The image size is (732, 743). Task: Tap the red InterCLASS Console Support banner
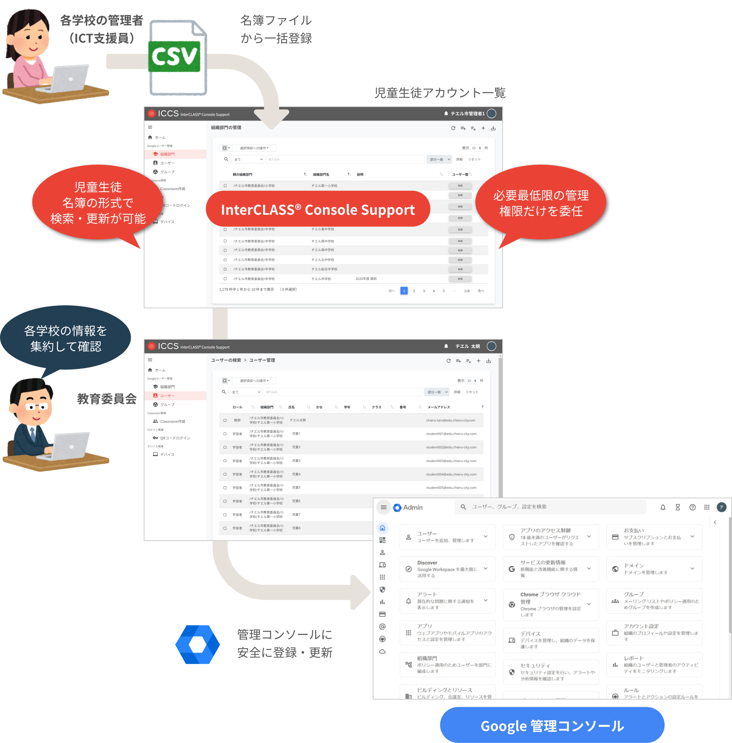click(318, 209)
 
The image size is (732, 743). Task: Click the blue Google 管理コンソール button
click(552, 725)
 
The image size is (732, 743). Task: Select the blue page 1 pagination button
click(404, 291)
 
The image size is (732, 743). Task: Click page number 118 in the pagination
click(466, 291)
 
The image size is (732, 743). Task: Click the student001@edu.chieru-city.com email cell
click(451, 434)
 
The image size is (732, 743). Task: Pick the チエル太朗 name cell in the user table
click(298, 420)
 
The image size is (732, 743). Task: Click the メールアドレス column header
click(438, 407)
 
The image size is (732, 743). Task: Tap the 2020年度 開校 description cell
click(366, 279)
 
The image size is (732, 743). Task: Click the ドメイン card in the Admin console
click(653, 569)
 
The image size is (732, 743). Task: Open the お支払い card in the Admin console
click(653, 536)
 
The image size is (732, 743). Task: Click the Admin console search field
click(550, 507)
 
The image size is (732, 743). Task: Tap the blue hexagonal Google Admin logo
click(198, 644)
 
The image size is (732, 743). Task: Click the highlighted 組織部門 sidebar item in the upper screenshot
click(167, 154)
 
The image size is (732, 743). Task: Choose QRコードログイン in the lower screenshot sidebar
click(175, 438)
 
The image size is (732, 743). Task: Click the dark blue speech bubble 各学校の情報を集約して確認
click(65, 338)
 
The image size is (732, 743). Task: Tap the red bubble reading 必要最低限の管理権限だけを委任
click(540, 203)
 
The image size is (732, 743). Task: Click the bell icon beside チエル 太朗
click(446, 346)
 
